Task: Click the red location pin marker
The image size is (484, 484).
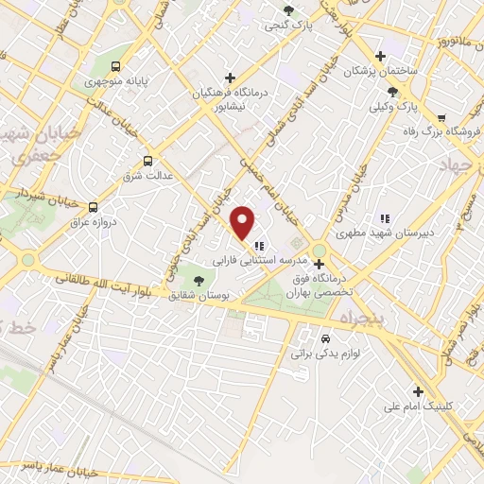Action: pyautogui.click(x=244, y=222)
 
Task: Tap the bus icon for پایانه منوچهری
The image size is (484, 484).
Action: pyautogui.click(x=115, y=66)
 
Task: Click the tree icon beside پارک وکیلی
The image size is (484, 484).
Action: pyautogui.click(x=392, y=92)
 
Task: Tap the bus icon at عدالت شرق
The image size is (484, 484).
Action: pyautogui.click(x=147, y=161)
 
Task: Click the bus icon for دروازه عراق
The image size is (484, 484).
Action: pyautogui.click(x=93, y=206)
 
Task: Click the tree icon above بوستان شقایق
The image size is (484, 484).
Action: pyautogui.click(x=198, y=279)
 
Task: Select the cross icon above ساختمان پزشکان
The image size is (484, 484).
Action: pyautogui.click(x=380, y=56)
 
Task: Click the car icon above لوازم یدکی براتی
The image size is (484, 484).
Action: pyautogui.click(x=325, y=338)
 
